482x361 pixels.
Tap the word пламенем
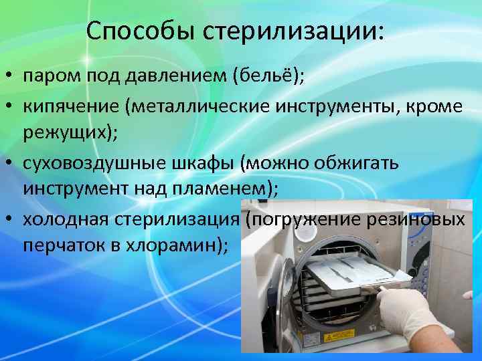pos(224,189)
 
